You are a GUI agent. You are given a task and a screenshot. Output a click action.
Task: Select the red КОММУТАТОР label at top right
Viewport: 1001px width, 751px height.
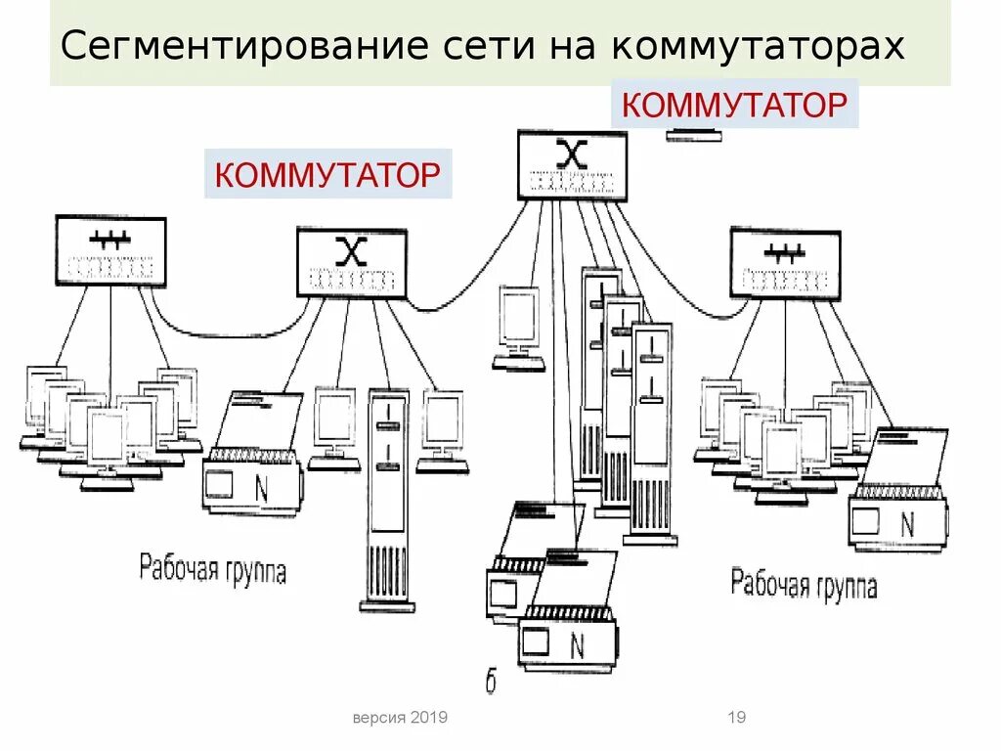733,105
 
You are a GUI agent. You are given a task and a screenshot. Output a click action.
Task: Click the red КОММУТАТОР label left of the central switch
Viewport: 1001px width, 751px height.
327,175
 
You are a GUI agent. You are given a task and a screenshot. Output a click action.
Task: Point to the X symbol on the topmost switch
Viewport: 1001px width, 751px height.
572,153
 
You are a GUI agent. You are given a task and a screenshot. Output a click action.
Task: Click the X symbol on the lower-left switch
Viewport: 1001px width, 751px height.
351,251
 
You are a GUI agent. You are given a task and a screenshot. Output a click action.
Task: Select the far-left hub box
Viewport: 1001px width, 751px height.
110,251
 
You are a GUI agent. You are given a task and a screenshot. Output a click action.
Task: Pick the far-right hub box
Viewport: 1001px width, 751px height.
785,263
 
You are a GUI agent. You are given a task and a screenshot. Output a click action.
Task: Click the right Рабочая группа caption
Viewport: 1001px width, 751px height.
804,585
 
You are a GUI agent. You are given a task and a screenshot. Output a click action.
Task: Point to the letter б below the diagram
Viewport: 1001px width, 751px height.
491,683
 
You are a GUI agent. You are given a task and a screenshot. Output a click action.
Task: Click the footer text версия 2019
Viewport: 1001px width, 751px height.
400,718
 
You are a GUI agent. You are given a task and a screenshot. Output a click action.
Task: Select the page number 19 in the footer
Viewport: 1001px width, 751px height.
737,718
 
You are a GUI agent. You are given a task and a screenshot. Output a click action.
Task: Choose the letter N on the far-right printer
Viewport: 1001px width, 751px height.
907,525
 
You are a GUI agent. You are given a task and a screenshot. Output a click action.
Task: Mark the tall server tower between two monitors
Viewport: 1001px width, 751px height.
388,499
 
